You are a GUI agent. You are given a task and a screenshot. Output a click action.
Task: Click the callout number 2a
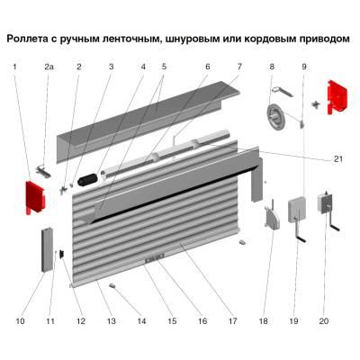pos(49,67)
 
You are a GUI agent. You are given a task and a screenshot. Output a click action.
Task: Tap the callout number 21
pos(337,159)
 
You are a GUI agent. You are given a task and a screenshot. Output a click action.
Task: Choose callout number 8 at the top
pos(271,67)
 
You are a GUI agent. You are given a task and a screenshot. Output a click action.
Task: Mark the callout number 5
pos(164,67)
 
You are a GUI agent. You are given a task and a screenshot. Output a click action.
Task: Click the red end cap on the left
pos(33,196)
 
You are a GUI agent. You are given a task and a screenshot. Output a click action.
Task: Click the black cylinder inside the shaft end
pos(88,181)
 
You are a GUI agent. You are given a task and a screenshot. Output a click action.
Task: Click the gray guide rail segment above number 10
pos(44,251)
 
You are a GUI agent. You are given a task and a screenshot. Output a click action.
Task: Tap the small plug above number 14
pos(114,285)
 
